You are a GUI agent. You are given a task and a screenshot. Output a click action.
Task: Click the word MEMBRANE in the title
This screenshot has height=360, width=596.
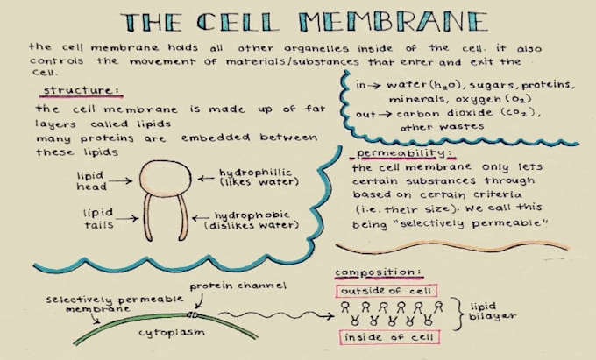pyautogui.click(x=393, y=22)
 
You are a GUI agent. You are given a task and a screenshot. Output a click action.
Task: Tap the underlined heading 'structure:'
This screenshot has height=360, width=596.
pyautogui.click(x=82, y=90)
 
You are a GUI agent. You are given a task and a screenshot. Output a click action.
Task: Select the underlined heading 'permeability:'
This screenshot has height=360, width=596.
pyautogui.click(x=406, y=153)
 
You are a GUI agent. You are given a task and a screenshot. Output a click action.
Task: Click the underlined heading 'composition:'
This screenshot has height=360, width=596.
pyautogui.click(x=379, y=272)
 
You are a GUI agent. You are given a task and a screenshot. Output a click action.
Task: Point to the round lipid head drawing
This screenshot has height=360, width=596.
pyautogui.click(x=166, y=178)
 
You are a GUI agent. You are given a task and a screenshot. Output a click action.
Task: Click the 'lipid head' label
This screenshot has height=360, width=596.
pyautogui.click(x=91, y=181)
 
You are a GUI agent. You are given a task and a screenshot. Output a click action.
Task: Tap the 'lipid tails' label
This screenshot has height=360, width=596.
pyautogui.click(x=98, y=219)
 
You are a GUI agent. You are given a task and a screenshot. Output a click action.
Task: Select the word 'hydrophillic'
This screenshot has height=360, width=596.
pyautogui.click(x=255, y=173)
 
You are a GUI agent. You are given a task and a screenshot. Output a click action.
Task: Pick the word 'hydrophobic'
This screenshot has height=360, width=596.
pyautogui.click(x=252, y=215)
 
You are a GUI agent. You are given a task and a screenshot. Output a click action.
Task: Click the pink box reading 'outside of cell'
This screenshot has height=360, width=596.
pyautogui.click(x=387, y=291)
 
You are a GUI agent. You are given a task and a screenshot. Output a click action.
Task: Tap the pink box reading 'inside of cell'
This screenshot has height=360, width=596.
pyautogui.click(x=389, y=337)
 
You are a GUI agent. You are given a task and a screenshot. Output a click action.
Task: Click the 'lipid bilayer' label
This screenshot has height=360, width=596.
pyautogui.click(x=493, y=311)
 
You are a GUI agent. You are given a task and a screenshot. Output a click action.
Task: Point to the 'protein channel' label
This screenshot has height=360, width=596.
pyautogui.click(x=238, y=286)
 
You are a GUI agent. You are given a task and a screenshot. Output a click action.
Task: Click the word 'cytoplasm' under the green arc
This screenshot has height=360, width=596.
pyautogui.click(x=172, y=333)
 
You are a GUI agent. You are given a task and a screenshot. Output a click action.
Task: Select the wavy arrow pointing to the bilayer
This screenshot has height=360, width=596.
pyautogui.click(x=276, y=314)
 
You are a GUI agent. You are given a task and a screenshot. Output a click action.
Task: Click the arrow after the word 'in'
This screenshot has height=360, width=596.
pyautogui.click(x=374, y=86)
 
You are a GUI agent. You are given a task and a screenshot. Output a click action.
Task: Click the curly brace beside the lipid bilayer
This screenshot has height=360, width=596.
pyautogui.click(x=458, y=314)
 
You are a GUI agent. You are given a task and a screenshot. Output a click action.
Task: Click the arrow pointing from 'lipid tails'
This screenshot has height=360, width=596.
pyautogui.click(x=127, y=218)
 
